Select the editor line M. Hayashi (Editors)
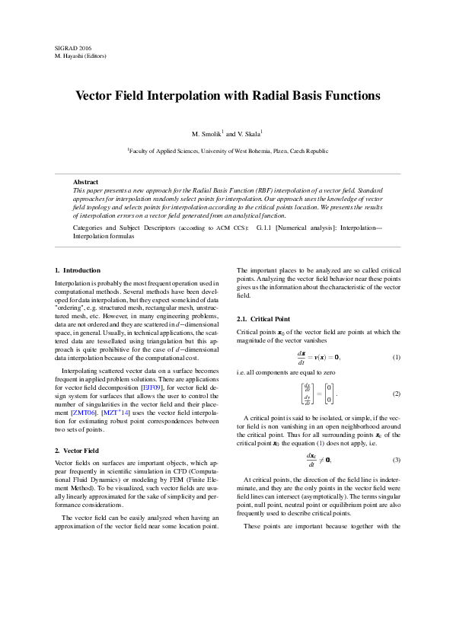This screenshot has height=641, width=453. pyautogui.click(x=85, y=56)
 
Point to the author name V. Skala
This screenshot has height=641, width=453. pyautogui.click(x=250, y=134)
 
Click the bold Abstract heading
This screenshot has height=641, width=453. pyautogui.click(x=85, y=182)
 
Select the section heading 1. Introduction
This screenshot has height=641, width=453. pyautogui.click(x=78, y=270)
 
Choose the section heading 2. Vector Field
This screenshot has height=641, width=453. pyautogui.click(x=77, y=451)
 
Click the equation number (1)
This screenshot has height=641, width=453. pyautogui.click(x=396, y=357)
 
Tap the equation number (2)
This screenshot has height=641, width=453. pyautogui.click(x=396, y=394)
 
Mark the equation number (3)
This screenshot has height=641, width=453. pyautogui.click(x=396, y=460)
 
